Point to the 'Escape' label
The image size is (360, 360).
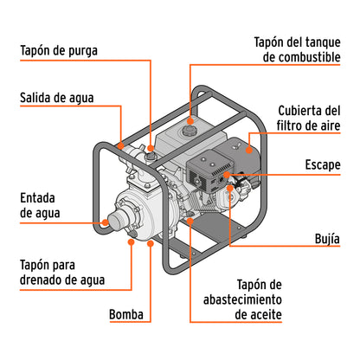(322, 164)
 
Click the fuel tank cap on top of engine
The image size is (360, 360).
(191, 132)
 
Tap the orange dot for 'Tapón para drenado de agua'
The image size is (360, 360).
(131, 243)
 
